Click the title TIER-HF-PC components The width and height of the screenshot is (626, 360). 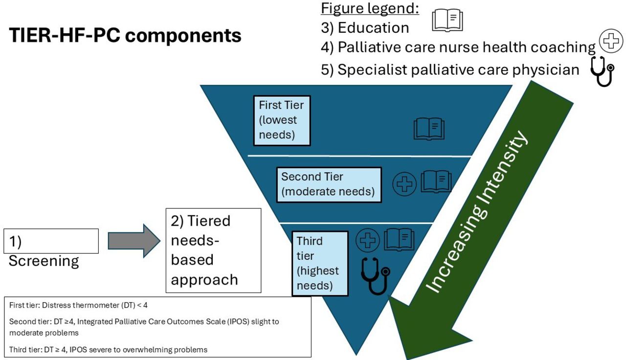pyautogui.click(x=125, y=36)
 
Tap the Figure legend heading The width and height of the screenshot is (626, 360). pyautogui.click(x=370, y=8)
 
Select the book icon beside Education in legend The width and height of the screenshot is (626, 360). pyautogui.click(x=447, y=20)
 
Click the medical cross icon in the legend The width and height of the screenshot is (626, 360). pyautogui.click(x=611, y=41)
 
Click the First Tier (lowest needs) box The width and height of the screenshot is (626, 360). pyautogui.click(x=282, y=120)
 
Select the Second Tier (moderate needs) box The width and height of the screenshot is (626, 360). pyautogui.click(x=329, y=185)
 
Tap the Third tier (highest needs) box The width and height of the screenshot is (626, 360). pyautogui.click(x=320, y=263)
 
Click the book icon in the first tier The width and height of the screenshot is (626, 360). pyautogui.click(x=429, y=129)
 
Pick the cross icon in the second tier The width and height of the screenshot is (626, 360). pyautogui.click(x=404, y=184)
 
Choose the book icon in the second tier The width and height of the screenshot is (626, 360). pyautogui.click(x=436, y=181)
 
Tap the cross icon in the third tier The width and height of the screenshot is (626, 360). pyautogui.click(x=367, y=240)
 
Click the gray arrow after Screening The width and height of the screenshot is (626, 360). pyautogui.click(x=134, y=241)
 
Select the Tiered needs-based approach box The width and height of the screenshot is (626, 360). pyautogui.click(x=214, y=250)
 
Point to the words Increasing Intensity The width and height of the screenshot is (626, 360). pyautogui.click(x=477, y=212)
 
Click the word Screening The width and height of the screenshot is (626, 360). pyautogui.click(x=44, y=261)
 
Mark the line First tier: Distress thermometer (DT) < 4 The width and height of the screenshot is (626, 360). pyautogui.click(x=78, y=305)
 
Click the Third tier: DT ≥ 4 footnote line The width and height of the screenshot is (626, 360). pyautogui.click(x=108, y=350)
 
